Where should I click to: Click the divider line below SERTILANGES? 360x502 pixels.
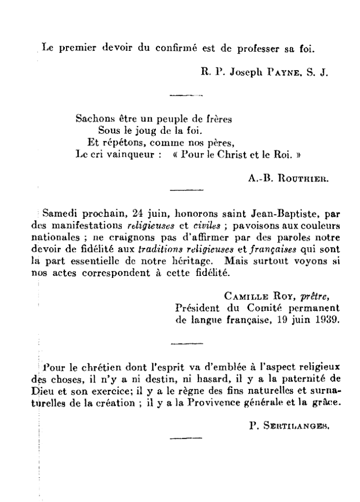[186, 438]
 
